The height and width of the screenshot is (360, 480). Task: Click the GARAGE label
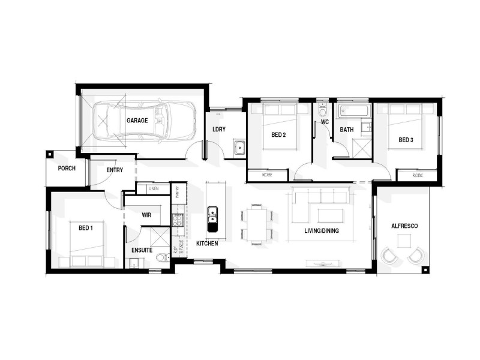coord(137,121)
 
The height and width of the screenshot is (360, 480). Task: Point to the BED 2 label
coord(278,135)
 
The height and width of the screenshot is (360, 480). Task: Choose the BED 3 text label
coord(406,140)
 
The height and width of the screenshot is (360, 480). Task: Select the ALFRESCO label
coord(404,226)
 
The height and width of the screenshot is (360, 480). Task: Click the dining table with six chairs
coord(257,224)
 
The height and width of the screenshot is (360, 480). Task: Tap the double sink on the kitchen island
coord(212,218)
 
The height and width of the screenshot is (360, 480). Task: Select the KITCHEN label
coord(207,244)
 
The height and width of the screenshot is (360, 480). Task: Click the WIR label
coord(146,214)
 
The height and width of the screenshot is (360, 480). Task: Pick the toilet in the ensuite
coord(160,258)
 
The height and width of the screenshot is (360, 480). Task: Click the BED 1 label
coord(86,228)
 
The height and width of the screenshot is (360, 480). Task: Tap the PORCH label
coord(67,169)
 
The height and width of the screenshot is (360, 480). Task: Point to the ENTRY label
coord(115,170)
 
